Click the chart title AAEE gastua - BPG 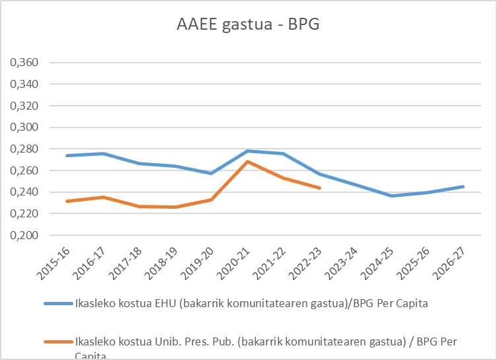pos(248,26)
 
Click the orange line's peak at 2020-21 pos(247,161)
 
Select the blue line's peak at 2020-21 pos(247,151)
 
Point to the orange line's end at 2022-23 pos(319,188)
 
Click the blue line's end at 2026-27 pos(463,186)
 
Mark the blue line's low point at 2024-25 pos(391,196)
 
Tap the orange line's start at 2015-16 pos(67,201)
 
